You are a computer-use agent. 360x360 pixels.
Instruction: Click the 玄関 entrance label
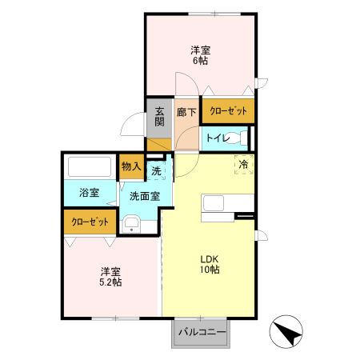(x=159, y=117)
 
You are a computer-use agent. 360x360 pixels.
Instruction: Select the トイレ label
(x=217, y=139)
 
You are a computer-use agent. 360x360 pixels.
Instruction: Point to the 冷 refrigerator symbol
(x=243, y=164)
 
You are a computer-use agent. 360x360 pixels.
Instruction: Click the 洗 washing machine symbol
(x=157, y=170)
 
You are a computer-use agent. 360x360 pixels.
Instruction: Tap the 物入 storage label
(x=130, y=166)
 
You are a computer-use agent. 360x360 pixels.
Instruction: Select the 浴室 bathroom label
(x=88, y=193)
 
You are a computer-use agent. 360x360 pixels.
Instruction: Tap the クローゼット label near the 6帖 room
(x=228, y=111)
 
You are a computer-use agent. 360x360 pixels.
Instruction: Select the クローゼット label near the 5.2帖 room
(x=90, y=222)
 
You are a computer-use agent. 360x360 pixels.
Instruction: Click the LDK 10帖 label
(x=210, y=264)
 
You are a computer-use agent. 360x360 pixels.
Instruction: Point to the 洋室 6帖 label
(x=200, y=56)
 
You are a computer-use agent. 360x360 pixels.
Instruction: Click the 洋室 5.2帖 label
(x=110, y=276)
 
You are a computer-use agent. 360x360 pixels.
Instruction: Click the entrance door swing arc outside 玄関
(x=131, y=124)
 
